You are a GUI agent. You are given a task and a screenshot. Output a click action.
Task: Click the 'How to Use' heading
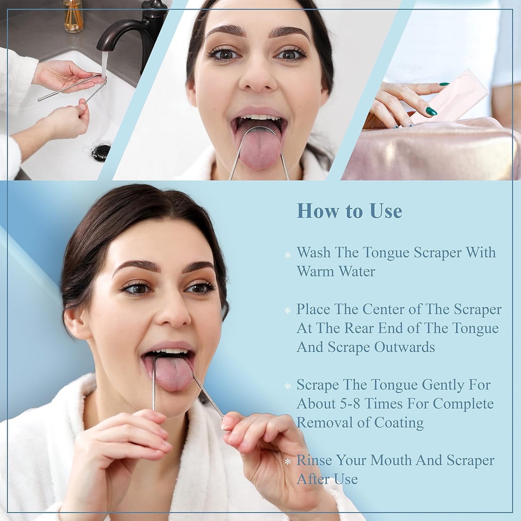point(349,211)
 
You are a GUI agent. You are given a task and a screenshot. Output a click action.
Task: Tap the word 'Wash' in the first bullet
point(313,252)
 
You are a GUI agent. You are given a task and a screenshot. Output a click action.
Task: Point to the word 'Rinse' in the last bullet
point(314,460)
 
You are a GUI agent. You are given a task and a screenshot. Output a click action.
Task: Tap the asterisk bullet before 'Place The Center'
point(288,310)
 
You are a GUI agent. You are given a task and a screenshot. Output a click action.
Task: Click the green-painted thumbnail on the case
point(431,111)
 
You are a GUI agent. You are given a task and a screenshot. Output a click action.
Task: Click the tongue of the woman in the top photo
point(259,148)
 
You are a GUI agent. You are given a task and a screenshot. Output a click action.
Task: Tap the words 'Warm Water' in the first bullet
point(336,271)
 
